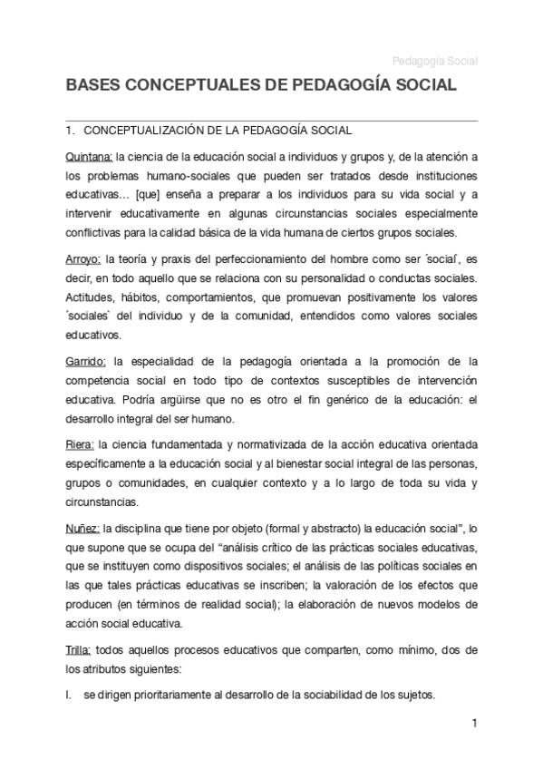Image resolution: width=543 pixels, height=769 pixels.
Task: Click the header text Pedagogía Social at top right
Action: [434, 62]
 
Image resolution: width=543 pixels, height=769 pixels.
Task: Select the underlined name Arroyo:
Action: [84, 258]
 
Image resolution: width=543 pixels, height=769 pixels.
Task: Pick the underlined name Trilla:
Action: [81, 651]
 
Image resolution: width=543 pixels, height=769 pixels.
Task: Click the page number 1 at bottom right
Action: [473, 725]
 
